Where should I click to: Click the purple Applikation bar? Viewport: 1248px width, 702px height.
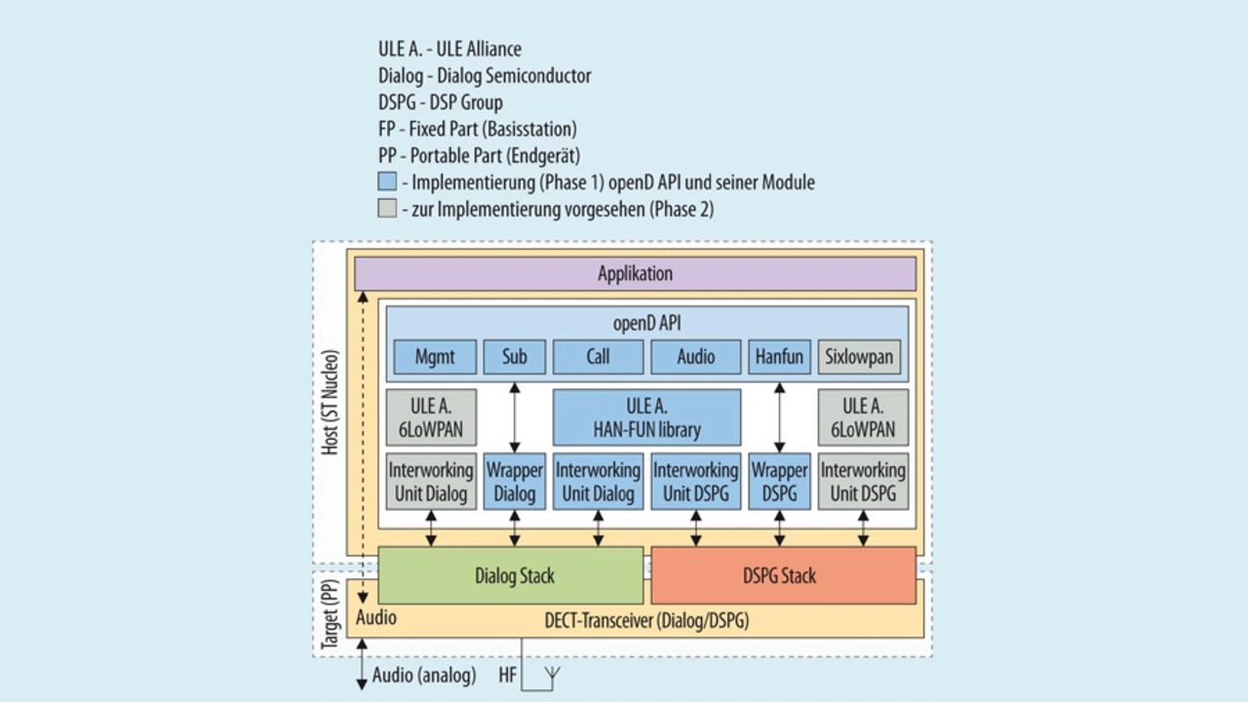635,274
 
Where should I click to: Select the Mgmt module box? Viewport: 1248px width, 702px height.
435,357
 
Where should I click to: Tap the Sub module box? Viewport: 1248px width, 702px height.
515,357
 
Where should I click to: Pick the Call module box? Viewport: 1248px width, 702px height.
598,357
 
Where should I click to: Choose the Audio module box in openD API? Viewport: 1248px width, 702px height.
696,357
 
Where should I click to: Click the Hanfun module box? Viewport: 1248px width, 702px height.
779,357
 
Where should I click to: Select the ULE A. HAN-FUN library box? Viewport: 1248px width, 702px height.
647,417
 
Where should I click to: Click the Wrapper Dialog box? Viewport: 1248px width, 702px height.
515,482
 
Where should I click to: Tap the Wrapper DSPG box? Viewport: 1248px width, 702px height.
779,482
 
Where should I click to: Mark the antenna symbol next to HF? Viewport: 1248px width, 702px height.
552,675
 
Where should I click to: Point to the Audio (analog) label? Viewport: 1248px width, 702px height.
424,675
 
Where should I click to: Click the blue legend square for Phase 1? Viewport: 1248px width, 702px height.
387,181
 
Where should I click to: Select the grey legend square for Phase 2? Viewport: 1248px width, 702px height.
387,208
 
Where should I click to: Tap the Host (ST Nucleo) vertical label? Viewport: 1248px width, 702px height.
331,401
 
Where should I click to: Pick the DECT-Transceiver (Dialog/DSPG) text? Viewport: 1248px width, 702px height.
646,620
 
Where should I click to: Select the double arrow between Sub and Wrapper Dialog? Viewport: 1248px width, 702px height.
515,416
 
